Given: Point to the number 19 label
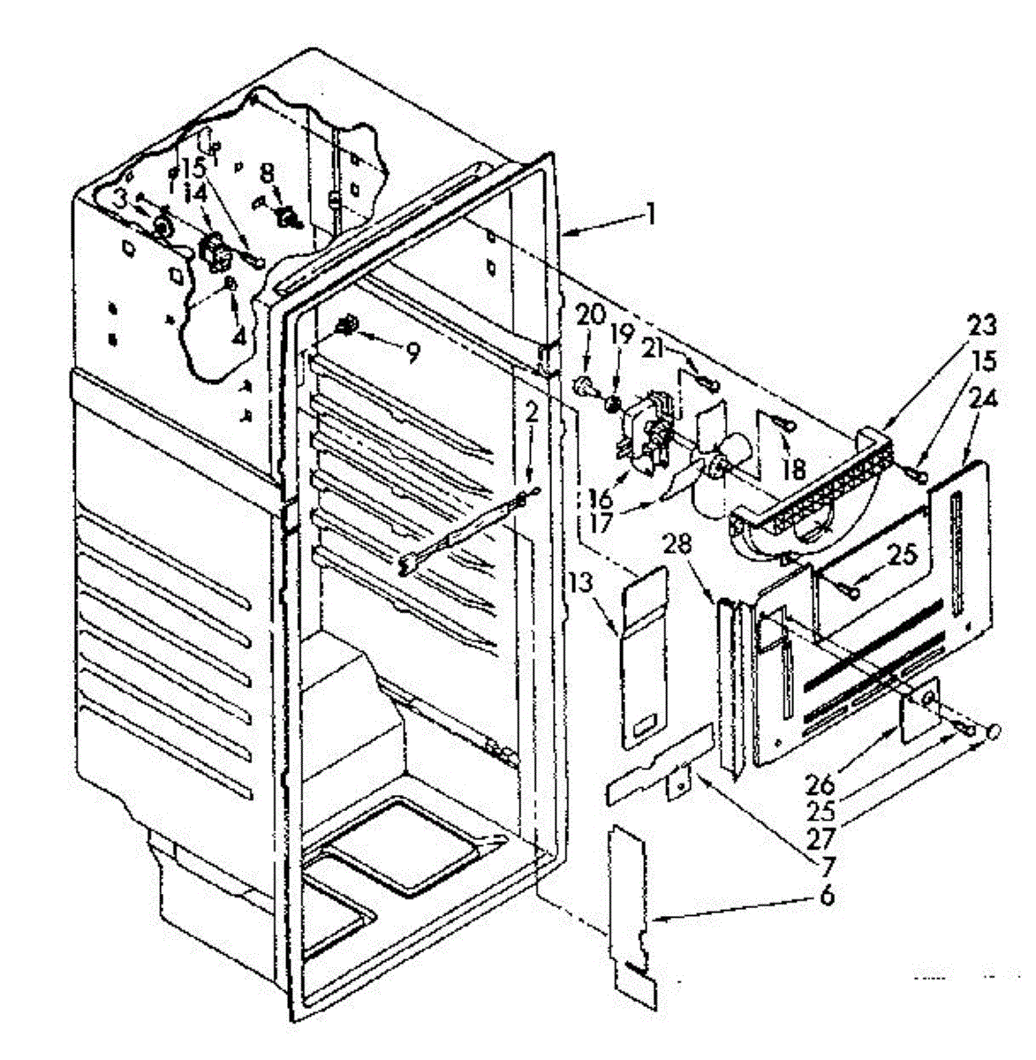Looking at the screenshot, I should pos(622,334).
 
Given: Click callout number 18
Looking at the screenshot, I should pos(793,467).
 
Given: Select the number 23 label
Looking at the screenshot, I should pos(981,326).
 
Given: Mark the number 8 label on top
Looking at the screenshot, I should pos(268,172).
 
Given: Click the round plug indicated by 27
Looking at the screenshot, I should pos(993,731).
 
